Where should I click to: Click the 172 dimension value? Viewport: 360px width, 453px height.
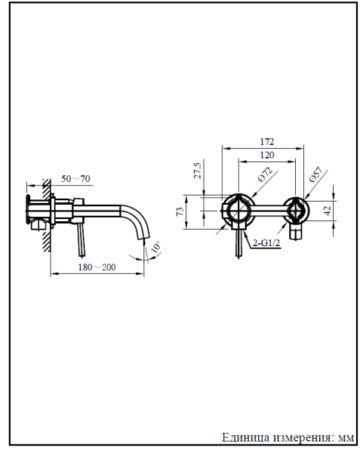click(267, 142)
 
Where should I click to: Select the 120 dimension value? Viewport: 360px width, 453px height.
click(267, 155)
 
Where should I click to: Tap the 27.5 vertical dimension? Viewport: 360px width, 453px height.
click(198, 171)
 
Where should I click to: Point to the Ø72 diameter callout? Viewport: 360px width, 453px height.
click(266, 174)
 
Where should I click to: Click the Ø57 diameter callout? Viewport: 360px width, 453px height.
click(315, 174)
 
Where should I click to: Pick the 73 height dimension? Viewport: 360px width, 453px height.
click(180, 211)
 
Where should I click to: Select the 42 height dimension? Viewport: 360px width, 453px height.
click(328, 211)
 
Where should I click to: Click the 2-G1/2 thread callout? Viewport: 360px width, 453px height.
click(266, 243)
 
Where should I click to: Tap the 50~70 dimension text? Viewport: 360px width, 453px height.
click(75, 178)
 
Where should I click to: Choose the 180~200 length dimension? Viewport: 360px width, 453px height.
click(97, 267)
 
